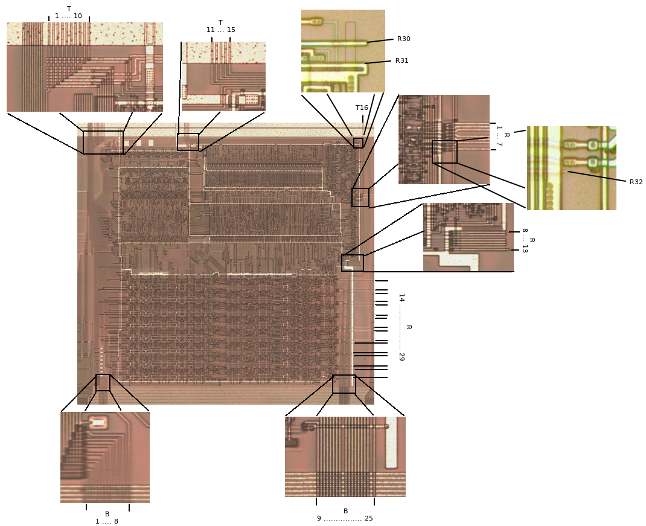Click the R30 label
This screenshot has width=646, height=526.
403,39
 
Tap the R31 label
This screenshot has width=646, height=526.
401,60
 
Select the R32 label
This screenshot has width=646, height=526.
636,182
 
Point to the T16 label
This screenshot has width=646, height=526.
362,107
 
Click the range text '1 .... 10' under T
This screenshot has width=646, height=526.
68,16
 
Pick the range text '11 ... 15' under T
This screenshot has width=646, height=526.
221,30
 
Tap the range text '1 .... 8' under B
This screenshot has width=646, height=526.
107,521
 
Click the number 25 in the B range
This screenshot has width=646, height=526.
369,518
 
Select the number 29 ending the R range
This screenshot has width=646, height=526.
401,356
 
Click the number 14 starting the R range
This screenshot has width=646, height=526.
401,298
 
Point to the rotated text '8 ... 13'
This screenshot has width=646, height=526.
525,240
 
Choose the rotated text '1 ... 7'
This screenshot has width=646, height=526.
499,136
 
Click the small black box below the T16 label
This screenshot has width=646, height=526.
358,143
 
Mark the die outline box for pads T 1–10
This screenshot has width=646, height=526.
103,143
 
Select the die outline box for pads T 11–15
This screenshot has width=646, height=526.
188,142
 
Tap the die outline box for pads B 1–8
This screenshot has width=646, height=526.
103,382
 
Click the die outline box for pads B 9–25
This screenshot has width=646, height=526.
344,384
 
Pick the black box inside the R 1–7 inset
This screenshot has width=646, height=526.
444,152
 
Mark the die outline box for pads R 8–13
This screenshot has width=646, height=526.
353,263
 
